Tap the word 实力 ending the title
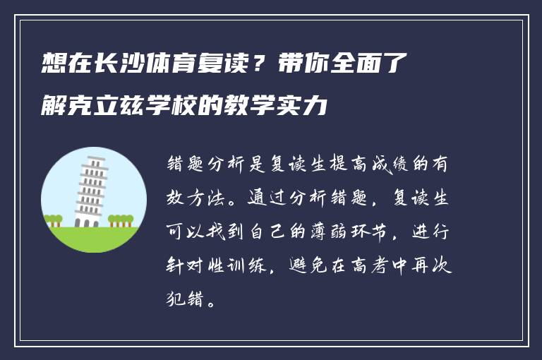pyautogui.click(x=308, y=108)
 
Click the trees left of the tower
pyautogui.click(x=52, y=220)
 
